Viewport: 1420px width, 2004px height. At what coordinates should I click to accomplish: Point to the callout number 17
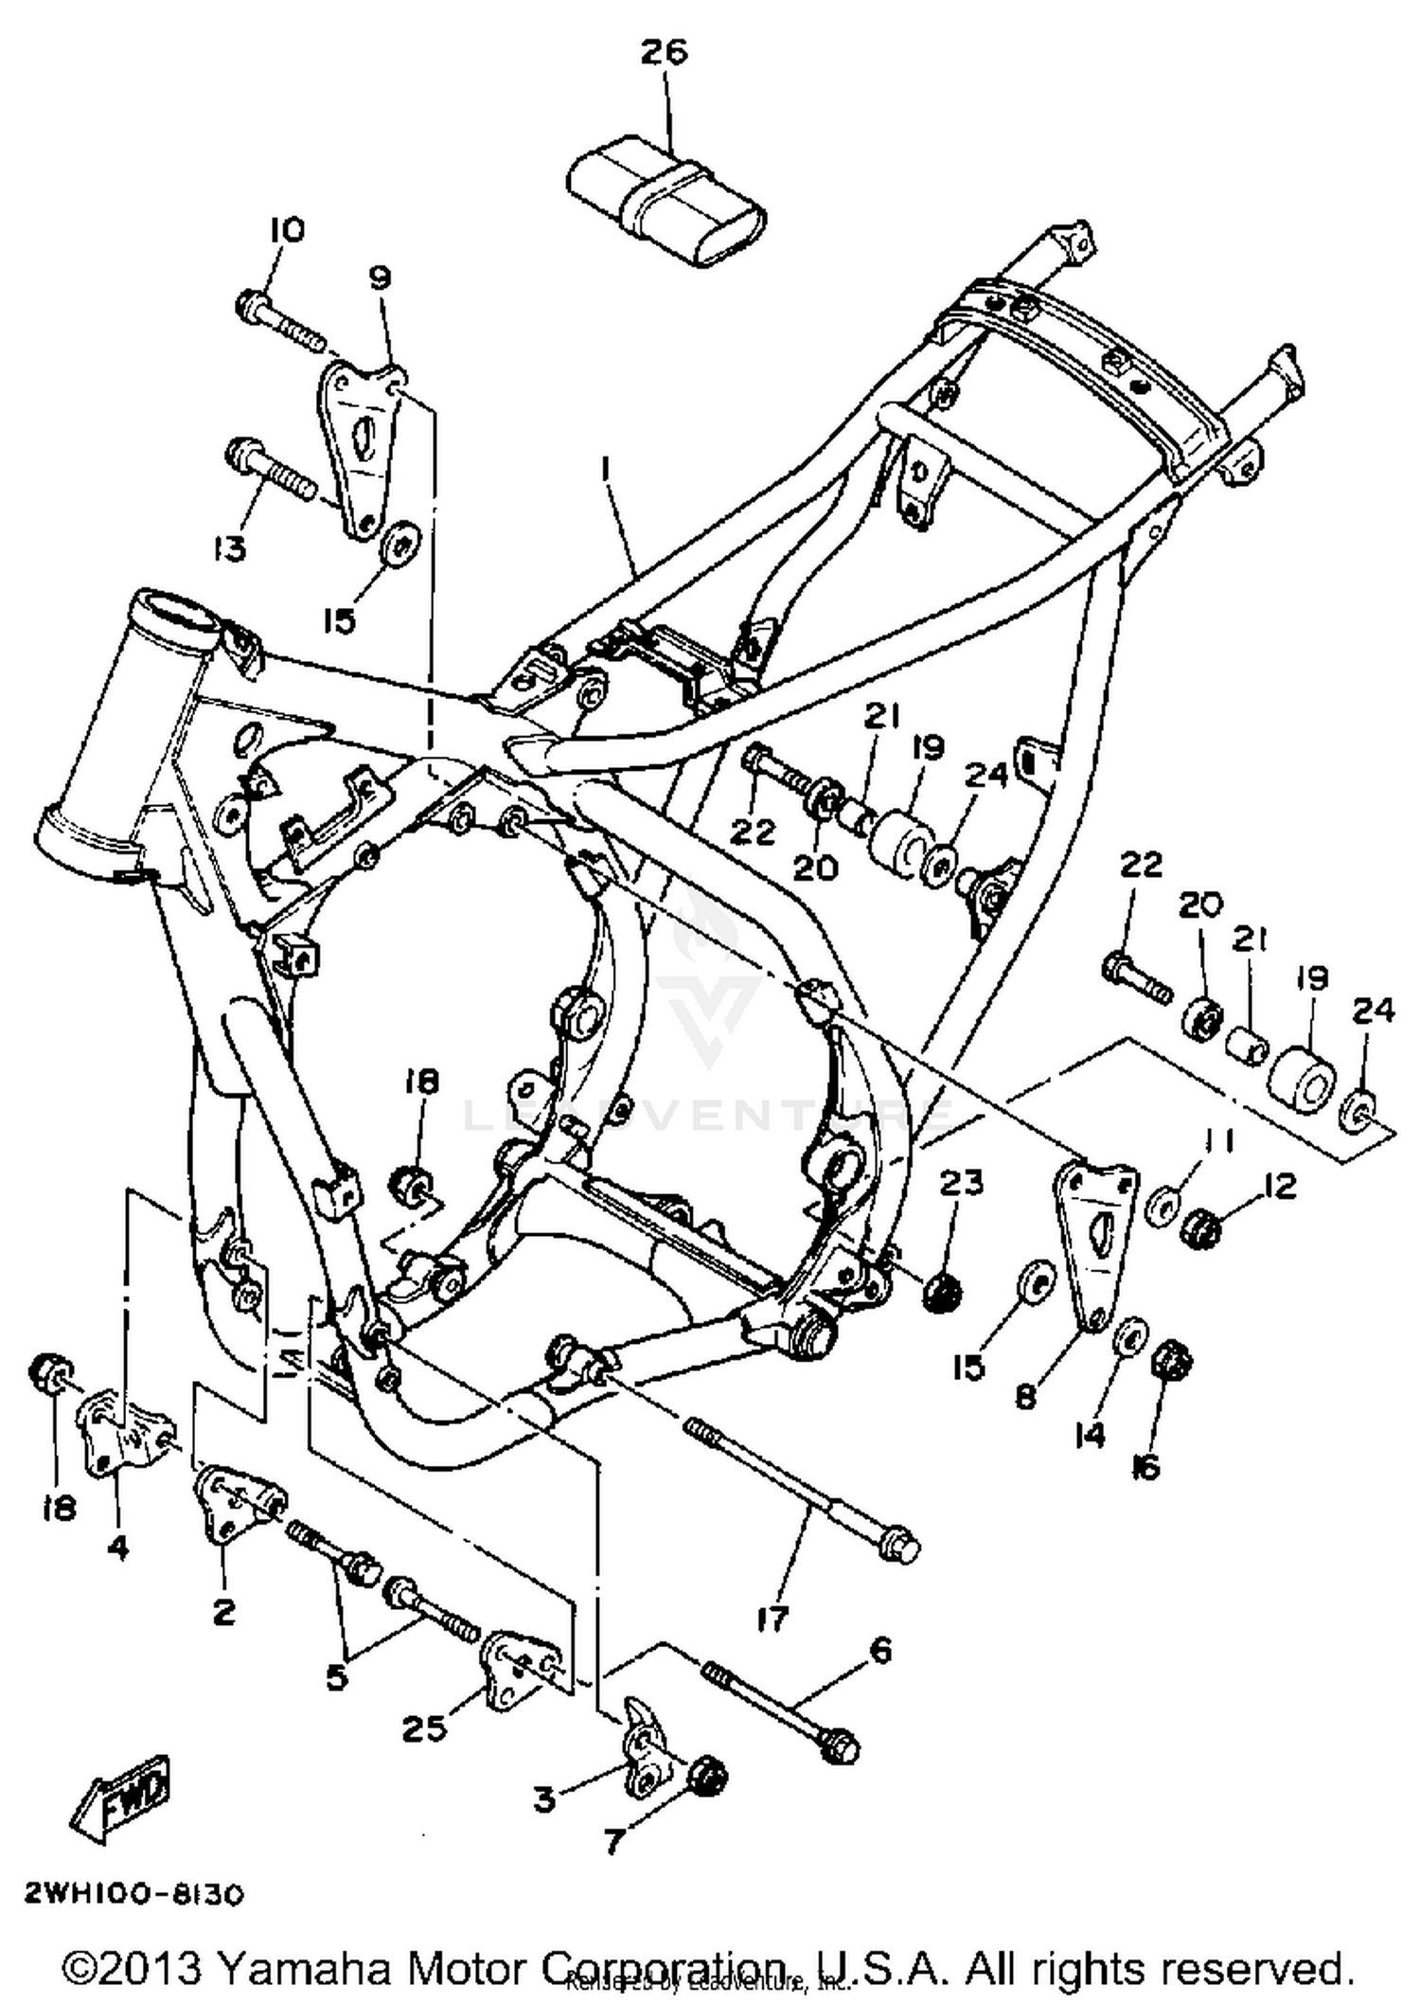click(772, 1618)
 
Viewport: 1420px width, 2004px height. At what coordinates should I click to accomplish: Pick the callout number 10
click(286, 230)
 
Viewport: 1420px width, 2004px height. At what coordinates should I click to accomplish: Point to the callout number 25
click(423, 1728)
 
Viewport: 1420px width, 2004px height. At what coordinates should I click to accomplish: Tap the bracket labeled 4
click(118, 1433)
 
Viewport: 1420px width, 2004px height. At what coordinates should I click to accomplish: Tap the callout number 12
click(1280, 1186)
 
